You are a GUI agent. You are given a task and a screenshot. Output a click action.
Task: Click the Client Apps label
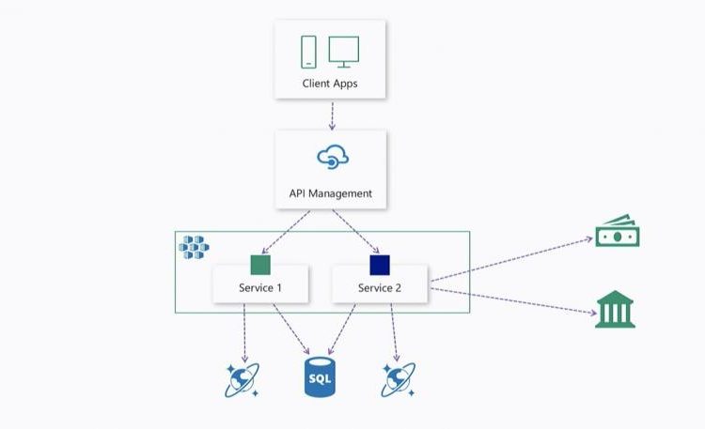[330, 84]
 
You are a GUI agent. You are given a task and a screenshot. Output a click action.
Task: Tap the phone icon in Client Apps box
[308, 52]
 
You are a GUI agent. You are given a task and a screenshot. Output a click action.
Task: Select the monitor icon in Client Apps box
[344, 51]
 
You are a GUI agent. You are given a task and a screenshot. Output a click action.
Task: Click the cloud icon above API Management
[333, 157]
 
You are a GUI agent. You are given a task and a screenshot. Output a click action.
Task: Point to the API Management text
[330, 193]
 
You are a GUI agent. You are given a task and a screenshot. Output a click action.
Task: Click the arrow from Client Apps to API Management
[331, 115]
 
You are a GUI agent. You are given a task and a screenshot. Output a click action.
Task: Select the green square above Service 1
[260, 265]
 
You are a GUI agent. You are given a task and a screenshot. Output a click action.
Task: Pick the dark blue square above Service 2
[380, 265]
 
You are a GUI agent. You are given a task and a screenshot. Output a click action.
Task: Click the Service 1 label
[260, 287]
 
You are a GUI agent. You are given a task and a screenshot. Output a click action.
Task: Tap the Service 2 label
[380, 287]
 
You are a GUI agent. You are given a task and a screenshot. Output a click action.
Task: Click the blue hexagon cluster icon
[195, 247]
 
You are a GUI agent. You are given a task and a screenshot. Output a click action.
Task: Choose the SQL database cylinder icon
[321, 375]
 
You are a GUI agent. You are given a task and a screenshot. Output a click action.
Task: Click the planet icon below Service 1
[242, 379]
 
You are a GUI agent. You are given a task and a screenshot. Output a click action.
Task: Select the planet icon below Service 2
[399, 379]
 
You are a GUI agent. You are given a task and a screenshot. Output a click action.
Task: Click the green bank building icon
[616, 311]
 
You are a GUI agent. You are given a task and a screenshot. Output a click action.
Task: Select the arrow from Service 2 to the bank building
[512, 299]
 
